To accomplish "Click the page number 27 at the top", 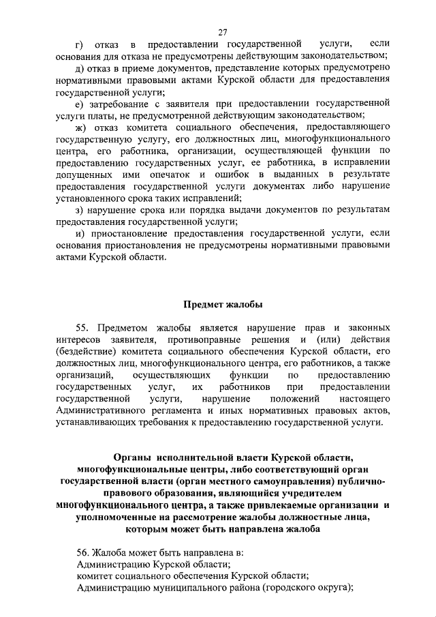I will (222, 32).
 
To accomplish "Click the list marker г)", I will (84, 44).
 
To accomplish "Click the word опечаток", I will (179, 177).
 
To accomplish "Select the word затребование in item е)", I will (123, 103).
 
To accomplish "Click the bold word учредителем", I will (324, 494).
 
